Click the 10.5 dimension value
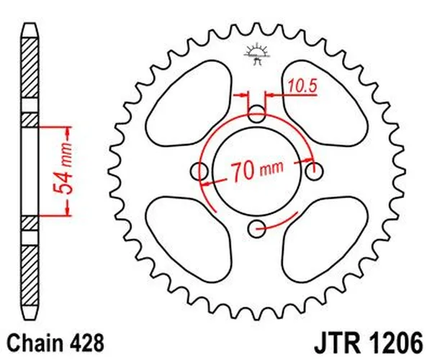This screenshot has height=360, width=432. [302, 87]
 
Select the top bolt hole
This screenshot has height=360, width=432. [257, 114]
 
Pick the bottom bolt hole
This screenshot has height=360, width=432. [257, 229]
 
